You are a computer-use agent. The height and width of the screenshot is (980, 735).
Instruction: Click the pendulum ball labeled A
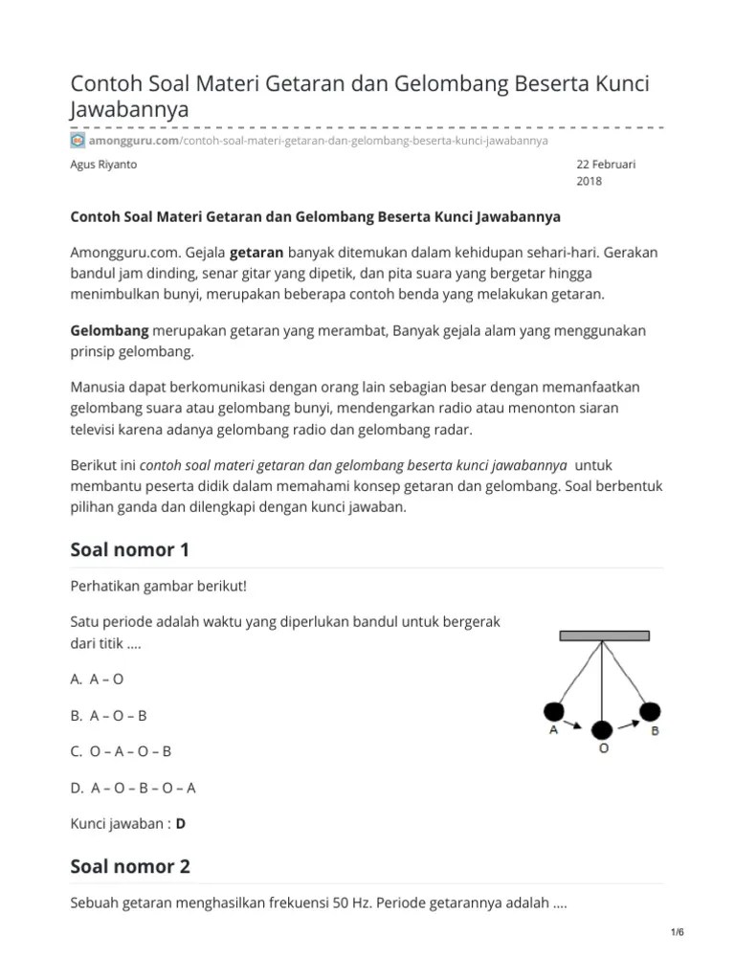click(554, 711)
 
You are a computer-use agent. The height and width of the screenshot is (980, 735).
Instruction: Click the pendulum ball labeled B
click(650, 710)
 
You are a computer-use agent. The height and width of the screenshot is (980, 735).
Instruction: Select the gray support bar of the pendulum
click(601, 636)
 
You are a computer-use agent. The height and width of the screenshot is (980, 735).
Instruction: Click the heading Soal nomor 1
click(130, 549)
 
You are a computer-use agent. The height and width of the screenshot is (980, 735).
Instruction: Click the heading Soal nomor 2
click(130, 866)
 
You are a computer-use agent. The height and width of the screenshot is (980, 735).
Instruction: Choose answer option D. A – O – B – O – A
click(133, 788)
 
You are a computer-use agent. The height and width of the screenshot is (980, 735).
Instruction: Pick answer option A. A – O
click(98, 679)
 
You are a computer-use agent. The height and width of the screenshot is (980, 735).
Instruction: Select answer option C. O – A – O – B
click(122, 751)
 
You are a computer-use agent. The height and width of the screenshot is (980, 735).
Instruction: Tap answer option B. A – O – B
click(109, 715)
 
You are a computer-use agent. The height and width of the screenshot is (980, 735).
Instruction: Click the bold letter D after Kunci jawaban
click(181, 823)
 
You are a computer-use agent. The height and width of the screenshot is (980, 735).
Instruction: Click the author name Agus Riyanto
click(104, 165)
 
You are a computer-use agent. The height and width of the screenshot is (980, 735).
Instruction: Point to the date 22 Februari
click(606, 165)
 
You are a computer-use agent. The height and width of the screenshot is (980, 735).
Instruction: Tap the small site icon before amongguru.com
click(78, 140)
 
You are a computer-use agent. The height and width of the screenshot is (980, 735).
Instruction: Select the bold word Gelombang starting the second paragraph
click(110, 330)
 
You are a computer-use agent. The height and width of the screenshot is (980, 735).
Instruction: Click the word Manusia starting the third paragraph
click(100, 387)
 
